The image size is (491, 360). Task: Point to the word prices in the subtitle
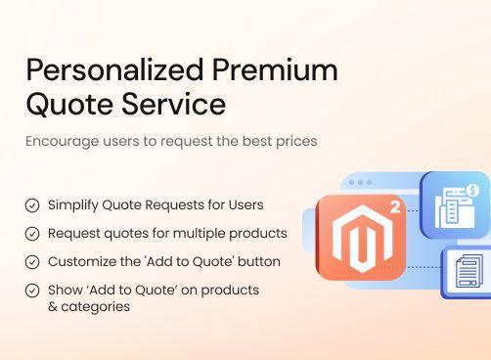[293, 141]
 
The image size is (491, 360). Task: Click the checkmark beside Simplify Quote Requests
[32, 205]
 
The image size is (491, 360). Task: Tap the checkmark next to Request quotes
[32, 234]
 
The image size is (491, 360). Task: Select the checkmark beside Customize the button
[32, 262]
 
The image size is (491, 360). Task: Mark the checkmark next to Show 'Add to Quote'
[32, 291]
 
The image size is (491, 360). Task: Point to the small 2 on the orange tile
[394, 207]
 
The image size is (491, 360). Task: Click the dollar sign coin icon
[472, 190]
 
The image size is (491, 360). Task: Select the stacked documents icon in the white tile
[468, 271]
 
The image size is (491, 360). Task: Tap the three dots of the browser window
[360, 183]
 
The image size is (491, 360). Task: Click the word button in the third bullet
[258, 262]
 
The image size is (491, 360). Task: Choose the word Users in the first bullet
[245, 205]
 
